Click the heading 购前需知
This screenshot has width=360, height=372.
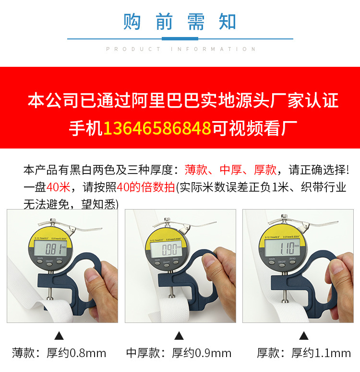(180, 22)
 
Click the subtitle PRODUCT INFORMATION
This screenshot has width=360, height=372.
(180, 49)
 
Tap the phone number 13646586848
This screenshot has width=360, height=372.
(157, 128)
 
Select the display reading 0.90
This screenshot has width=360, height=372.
(171, 250)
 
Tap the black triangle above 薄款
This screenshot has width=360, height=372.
(59, 335)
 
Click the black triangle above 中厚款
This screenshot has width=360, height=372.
(179, 335)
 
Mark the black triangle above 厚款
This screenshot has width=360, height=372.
(303, 335)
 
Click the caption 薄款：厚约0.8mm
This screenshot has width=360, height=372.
(59, 354)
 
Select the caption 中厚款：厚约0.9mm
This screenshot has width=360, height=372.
(179, 354)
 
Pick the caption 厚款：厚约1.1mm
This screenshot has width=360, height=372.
(303, 354)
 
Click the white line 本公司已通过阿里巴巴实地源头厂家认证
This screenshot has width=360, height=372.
(183, 101)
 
